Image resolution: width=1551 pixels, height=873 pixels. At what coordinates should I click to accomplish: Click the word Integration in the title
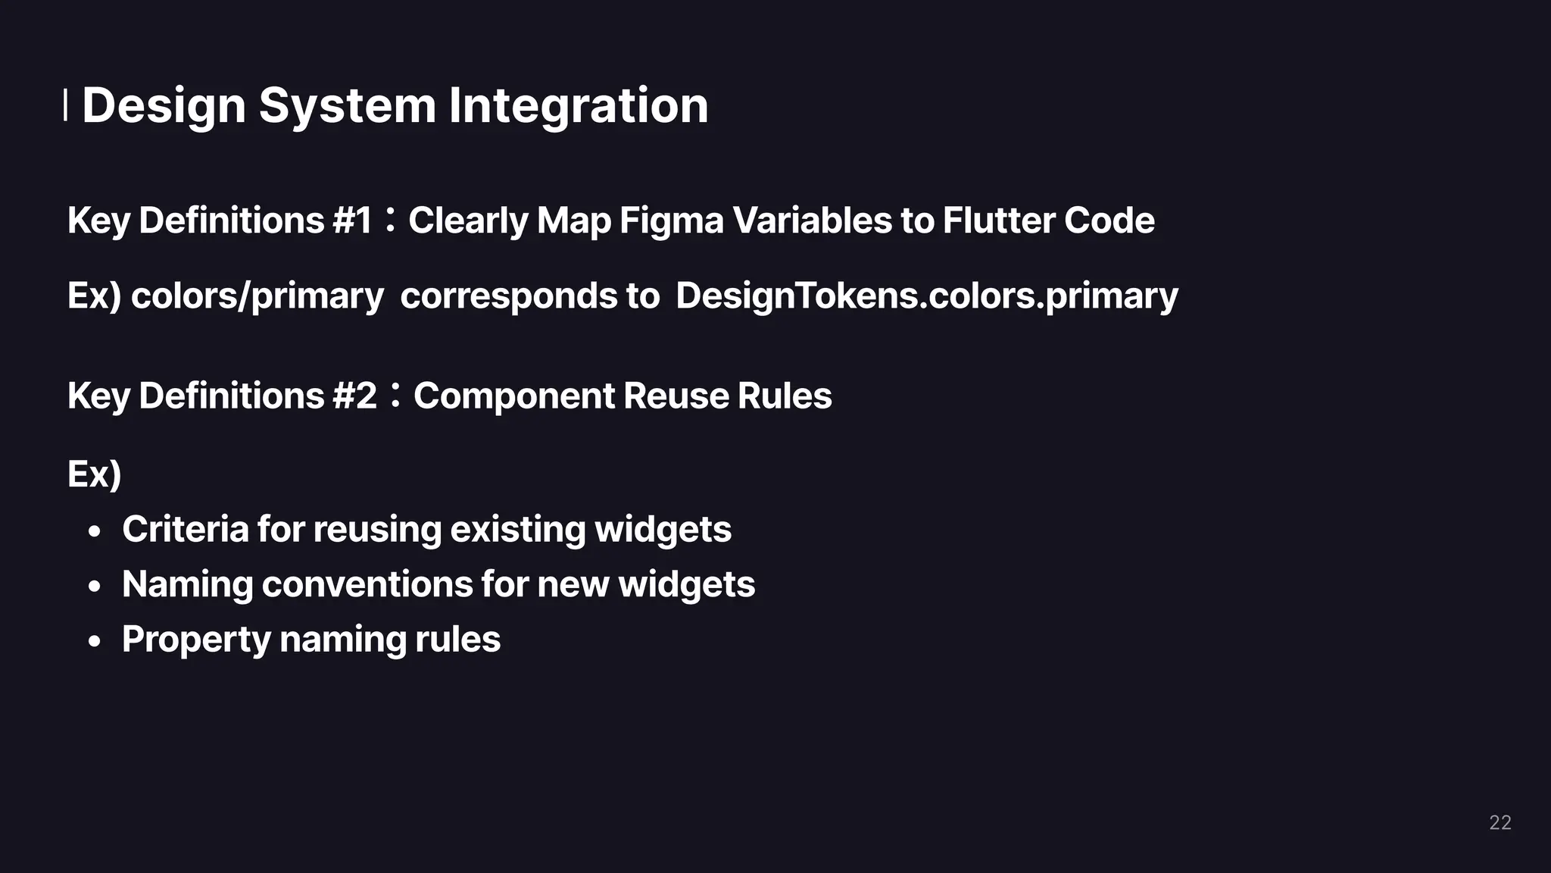578,105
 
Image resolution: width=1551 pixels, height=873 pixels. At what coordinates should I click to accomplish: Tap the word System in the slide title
347,105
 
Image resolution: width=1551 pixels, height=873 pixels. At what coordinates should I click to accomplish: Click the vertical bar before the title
65,105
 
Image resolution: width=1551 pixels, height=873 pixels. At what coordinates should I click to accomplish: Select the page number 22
1500,822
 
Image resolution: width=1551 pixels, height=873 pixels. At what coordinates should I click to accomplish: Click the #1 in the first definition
352,221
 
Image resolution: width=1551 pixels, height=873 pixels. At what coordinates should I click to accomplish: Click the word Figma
671,221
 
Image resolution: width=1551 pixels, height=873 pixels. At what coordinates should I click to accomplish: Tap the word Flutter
998,221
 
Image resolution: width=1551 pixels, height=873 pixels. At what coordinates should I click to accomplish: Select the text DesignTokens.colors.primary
926,296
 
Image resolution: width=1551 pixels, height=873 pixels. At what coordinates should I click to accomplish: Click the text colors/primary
257,296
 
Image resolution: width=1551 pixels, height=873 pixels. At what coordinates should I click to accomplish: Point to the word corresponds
509,296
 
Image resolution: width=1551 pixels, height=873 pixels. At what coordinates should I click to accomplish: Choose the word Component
514,396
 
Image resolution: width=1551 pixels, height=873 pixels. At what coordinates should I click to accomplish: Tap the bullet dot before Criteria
94,532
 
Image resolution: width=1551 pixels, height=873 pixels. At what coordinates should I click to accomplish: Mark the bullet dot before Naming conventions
94,587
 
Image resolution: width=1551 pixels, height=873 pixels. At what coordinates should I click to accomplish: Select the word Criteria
185,529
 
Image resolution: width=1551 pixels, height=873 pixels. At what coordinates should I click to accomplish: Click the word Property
196,640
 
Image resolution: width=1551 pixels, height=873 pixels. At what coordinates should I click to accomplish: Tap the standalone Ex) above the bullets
95,474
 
